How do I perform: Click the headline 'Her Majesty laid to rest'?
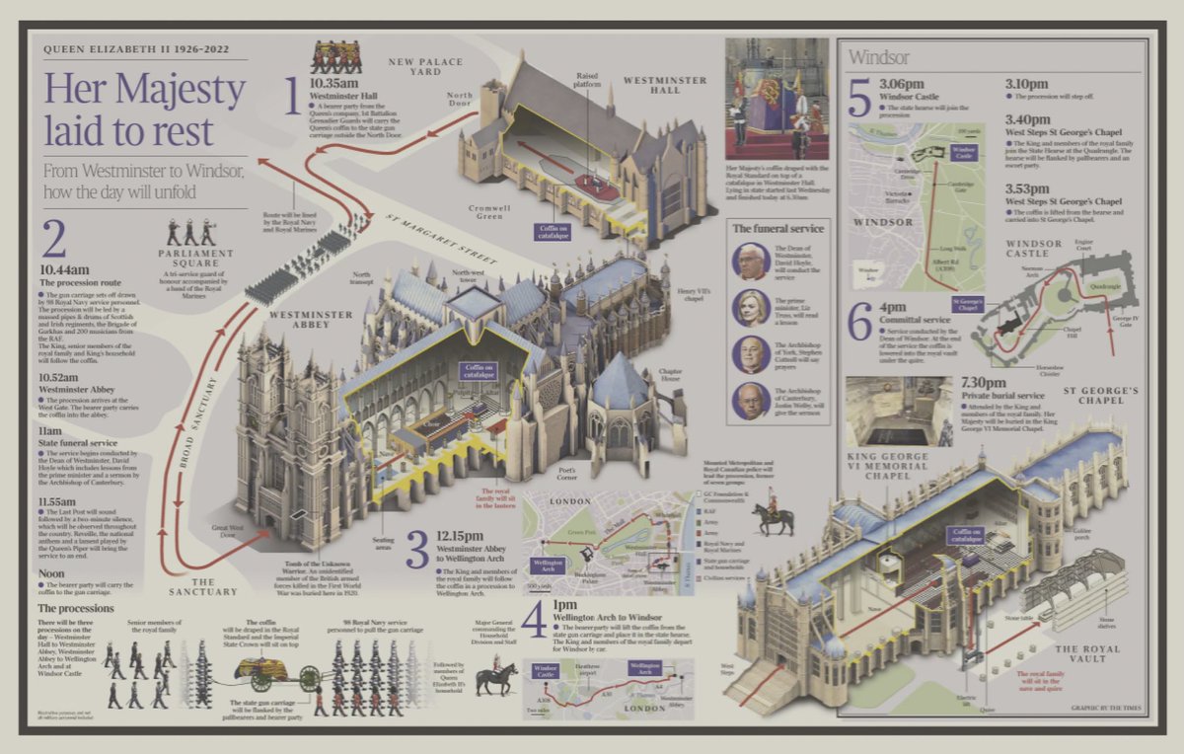pos(144,109)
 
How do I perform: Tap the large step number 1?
pos(291,96)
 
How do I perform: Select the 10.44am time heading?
pos(64,268)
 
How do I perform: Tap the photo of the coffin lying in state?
pos(776,99)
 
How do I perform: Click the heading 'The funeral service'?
pos(778,229)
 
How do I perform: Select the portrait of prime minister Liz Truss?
pos(750,308)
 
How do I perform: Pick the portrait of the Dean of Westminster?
pos(750,262)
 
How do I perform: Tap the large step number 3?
pos(418,550)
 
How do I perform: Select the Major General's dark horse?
pos(496,679)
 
